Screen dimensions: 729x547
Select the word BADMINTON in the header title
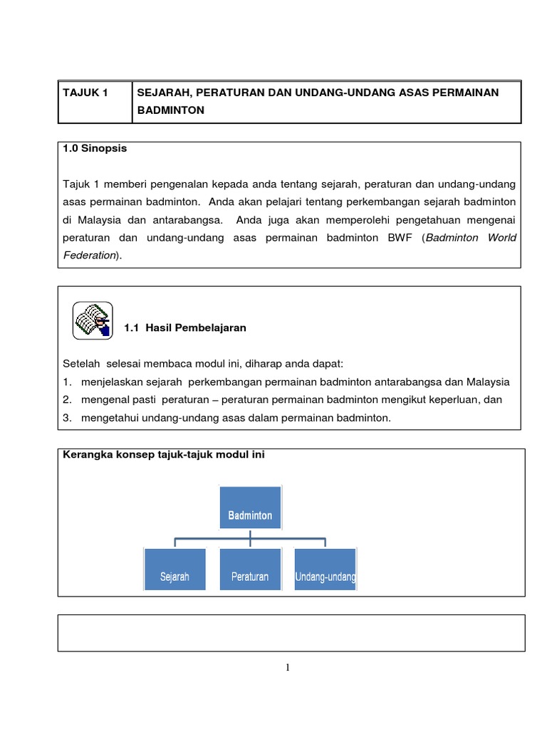(170, 110)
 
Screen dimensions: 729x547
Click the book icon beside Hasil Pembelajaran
(92, 320)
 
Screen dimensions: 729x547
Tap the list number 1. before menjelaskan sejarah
(67, 382)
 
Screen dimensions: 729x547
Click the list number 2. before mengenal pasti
(67, 399)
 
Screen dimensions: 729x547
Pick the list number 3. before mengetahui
(67, 418)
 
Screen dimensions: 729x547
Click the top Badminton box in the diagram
(250, 508)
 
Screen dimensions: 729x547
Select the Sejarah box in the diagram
(174, 570)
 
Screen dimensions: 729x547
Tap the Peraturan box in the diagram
(250, 570)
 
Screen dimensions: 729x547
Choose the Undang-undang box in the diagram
(325, 570)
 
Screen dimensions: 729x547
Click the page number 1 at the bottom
(288, 667)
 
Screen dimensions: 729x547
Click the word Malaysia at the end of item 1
(488, 382)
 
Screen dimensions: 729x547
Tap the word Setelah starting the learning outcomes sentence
(78, 364)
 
